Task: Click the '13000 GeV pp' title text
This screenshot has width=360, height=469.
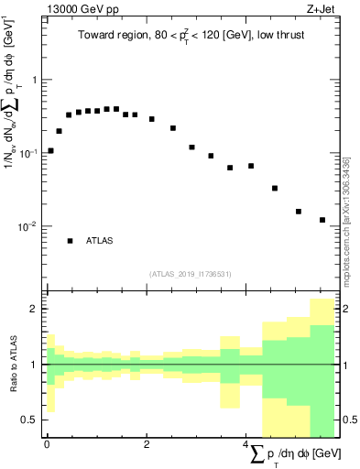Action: [x=78, y=10]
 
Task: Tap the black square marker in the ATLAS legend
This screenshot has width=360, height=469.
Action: [x=70, y=241]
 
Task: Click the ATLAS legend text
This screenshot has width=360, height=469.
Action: [x=100, y=241]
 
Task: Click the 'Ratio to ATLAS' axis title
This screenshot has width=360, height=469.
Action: [x=12, y=365]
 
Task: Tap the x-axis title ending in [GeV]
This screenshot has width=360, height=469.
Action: [x=292, y=454]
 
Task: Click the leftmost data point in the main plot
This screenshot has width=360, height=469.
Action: [x=50, y=150]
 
